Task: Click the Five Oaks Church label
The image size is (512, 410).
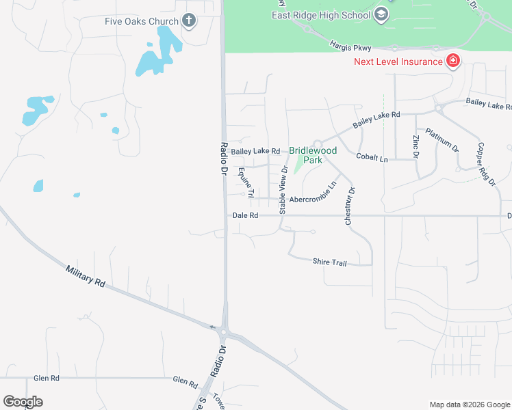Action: coord(141,21)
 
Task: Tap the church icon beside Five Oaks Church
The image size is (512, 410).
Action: coord(190,21)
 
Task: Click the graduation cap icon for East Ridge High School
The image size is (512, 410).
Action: coord(381,14)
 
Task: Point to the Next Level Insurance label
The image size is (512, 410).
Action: coord(398,62)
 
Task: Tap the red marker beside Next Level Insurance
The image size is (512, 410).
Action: coord(452,61)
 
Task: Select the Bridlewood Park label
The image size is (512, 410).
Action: coord(313,155)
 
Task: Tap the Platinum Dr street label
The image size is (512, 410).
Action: coord(441,139)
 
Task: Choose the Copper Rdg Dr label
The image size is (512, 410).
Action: coord(486,164)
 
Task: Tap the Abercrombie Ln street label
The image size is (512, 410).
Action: coord(313,196)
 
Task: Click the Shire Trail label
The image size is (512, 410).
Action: coord(331,261)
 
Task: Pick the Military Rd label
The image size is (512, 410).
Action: coord(86,275)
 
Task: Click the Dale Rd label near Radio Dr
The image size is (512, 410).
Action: coord(245,215)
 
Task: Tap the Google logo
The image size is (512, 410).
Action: coord(23,402)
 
